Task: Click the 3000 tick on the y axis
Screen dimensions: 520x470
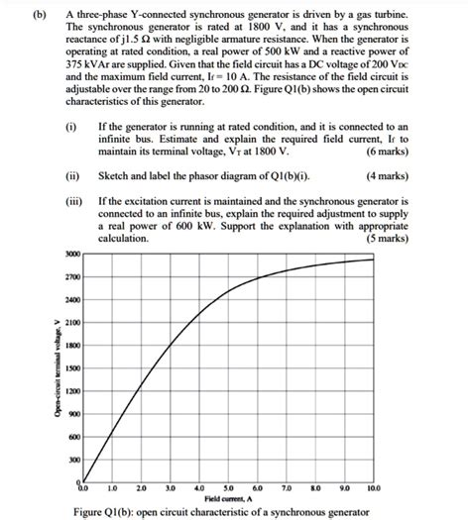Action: [x=72, y=255]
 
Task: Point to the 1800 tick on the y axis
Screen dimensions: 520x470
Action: [x=72, y=345]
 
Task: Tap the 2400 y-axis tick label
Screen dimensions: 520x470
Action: [x=72, y=299]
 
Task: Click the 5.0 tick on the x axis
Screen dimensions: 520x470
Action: [x=230, y=488]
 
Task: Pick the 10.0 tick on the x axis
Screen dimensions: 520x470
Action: [x=373, y=488]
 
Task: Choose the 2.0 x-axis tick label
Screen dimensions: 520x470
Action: [x=141, y=488]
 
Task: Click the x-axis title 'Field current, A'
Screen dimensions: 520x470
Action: [x=230, y=497]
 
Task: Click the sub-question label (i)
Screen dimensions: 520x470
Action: [x=70, y=128]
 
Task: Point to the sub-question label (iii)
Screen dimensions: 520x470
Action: [x=72, y=201]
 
